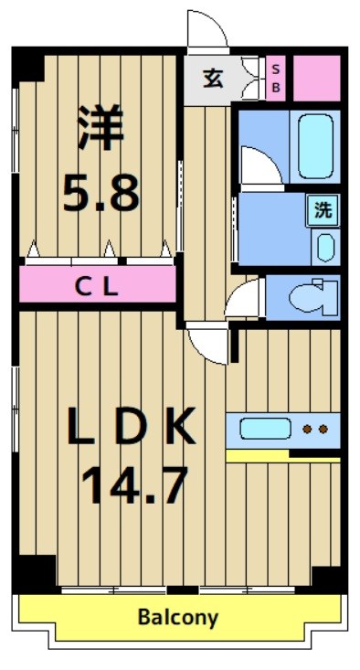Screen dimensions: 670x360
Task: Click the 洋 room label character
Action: click(x=98, y=129)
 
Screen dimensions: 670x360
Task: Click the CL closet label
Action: click(x=96, y=286)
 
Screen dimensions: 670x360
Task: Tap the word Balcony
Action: click(x=178, y=617)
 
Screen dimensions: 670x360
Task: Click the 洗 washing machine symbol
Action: click(x=323, y=210)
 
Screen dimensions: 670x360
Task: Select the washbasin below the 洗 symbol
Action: click(x=324, y=247)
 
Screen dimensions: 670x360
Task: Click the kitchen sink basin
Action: click(x=265, y=428)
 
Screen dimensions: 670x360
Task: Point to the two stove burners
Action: click(x=314, y=428)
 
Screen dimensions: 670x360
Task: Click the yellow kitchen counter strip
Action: click(x=282, y=454)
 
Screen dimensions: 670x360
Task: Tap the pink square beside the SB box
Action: click(x=315, y=78)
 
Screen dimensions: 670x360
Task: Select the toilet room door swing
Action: click(x=244, y=299)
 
